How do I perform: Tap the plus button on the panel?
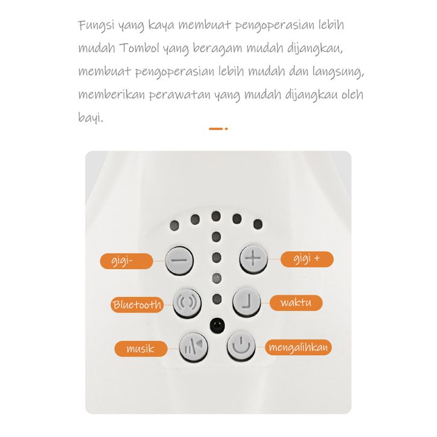(253, 259)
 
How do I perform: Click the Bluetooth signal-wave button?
(187, 303)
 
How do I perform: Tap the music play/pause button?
(193, 347)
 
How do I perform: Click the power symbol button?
(241, 347)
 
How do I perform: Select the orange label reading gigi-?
(126, 261)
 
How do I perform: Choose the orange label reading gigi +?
(307, 259)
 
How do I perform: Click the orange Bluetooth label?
(137, 305)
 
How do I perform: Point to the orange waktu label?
(296, 303)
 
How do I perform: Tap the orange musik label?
(141, 349)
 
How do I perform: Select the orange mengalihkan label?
(299, 347)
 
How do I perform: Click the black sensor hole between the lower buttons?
(217, 325)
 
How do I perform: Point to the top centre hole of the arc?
(216, 216)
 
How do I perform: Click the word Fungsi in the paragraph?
(96, 26)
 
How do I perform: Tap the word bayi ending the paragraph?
(90, 117)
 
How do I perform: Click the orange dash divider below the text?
(218, 129)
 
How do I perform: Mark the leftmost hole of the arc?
(175, 226)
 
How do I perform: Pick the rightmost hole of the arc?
(258, 225)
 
